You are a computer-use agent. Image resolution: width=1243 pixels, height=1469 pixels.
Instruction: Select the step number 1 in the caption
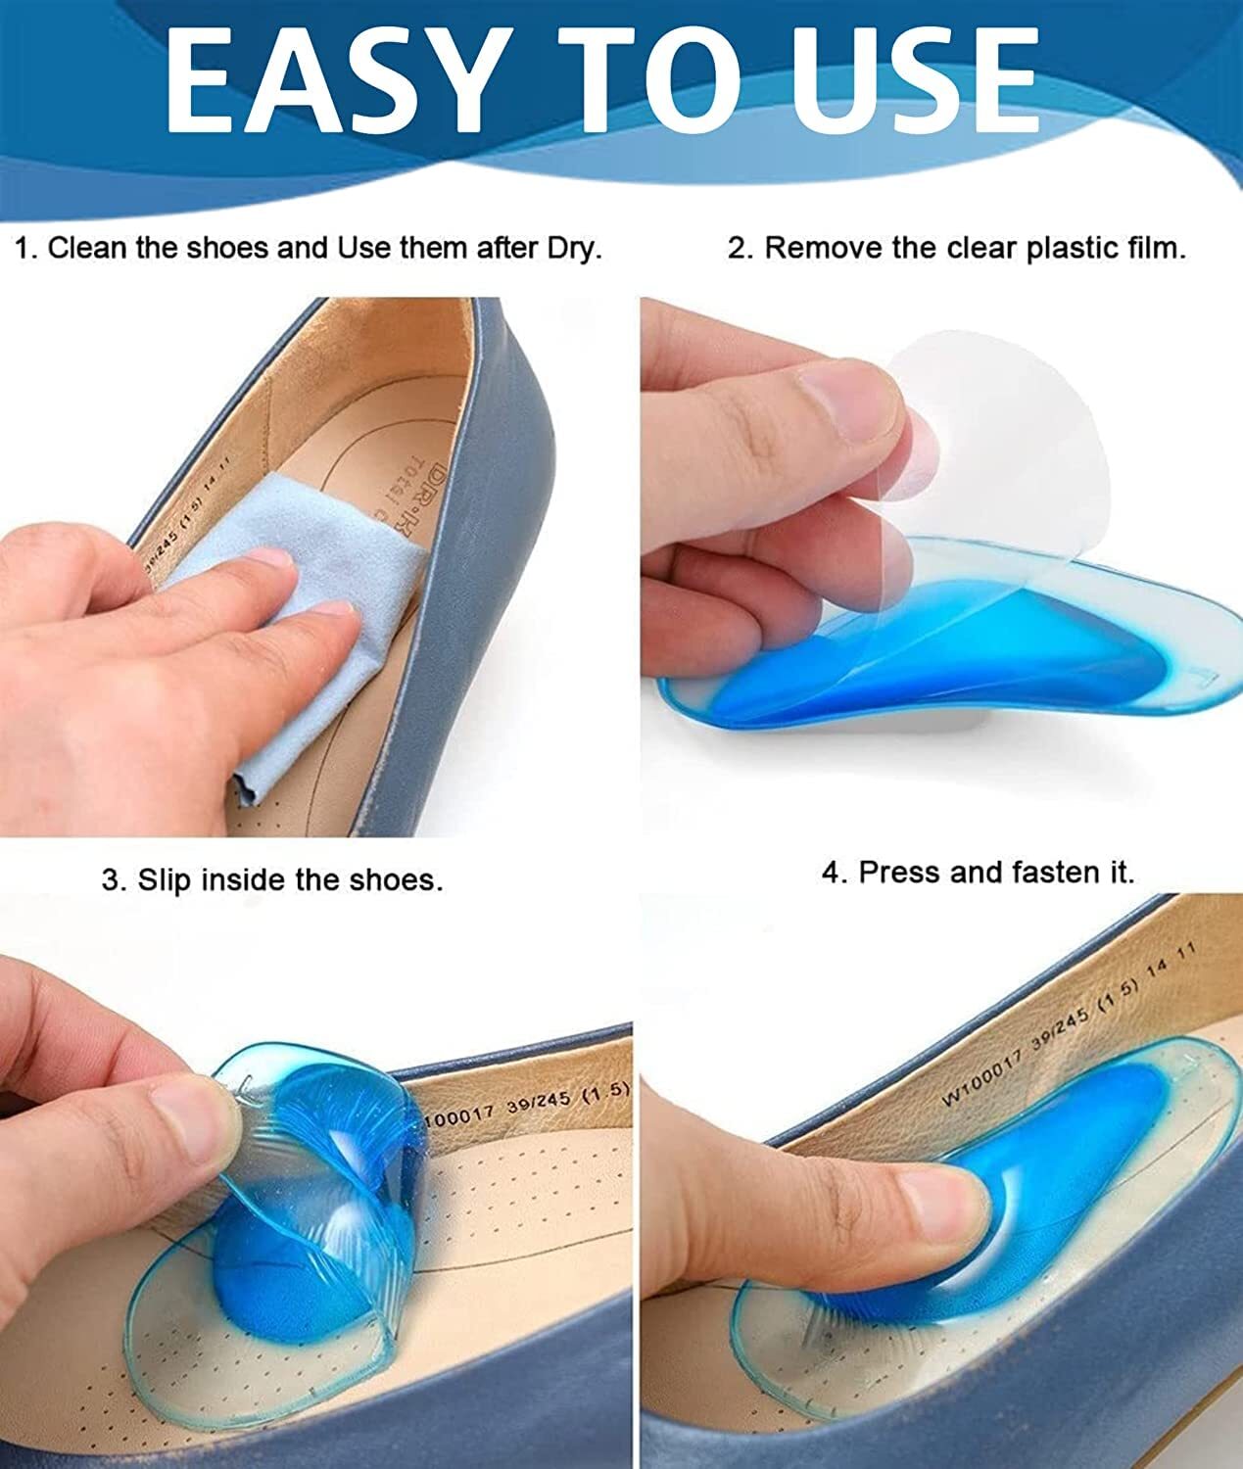pos(27,248)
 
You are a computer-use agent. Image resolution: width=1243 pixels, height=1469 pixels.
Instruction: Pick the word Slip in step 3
pos(164,879)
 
